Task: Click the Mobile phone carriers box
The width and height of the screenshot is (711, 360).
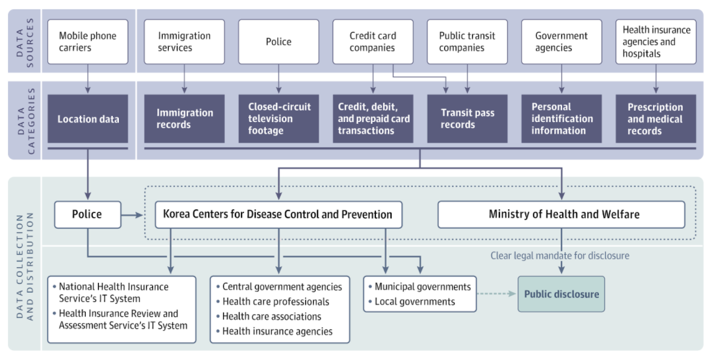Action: pyautogui.click(x=88, y=42)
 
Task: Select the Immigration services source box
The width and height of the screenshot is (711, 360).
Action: pyautogui.click(x=184, y=42)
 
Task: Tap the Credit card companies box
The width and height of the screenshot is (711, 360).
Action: pyautogui.click(x=373, y=42)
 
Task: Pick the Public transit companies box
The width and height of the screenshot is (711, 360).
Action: pyautogui.click(x=467, y=42)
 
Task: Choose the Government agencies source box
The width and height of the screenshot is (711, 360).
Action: pyautogui.click(x=562, y=42)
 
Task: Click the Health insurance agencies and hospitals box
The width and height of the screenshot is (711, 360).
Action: pyautogui.click(x=656, y=42)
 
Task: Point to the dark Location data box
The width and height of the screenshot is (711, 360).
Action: pyautogui.click(x=88, y=119)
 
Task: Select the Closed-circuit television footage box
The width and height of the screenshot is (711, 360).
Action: pyautogui.click(x=278, y=119)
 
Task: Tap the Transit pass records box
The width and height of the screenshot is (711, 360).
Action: pyautogui.click(x=467, y=119)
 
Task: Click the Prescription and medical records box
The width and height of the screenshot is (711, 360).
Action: pyautogui.click(x=656, y=119)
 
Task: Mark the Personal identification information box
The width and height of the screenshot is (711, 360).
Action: pyautogui.click(x=562, y=119)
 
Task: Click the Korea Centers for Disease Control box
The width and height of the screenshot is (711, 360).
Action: pyautogui.click(x=278, y=214)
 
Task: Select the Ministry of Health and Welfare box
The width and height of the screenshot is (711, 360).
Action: pyautogui.click(x=562, y=214)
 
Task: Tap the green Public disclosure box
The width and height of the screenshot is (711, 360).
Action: pyautogui.click(x=562, y=294)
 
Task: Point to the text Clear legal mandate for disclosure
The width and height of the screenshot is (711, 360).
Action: pyautogui.click(x=560, y=256)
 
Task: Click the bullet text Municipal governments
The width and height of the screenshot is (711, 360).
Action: pyautogui.click(x=423, y=287)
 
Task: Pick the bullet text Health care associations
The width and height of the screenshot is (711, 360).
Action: pyautogui.click(x=271, y=316)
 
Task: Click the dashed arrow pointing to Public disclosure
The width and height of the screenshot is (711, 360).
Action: pyautogui.click(x=497, y=294)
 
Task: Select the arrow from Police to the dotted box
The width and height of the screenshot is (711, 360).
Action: pyautogui.click(x=132, y=215)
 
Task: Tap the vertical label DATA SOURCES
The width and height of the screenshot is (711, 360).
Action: pyautogui.click(x=25, y=41)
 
